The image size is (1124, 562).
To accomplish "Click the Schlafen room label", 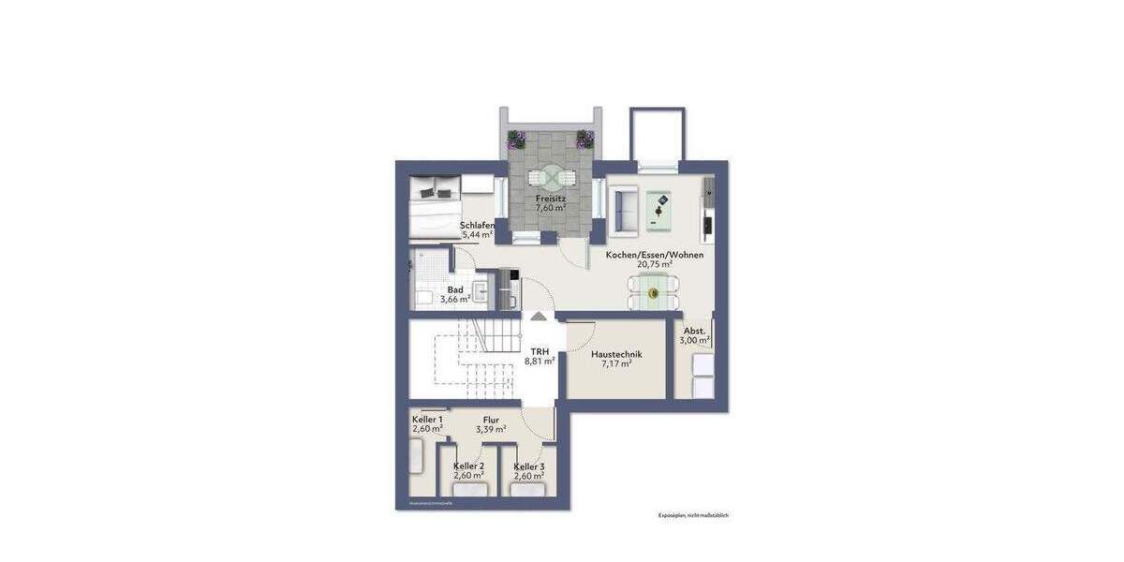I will point(477,226).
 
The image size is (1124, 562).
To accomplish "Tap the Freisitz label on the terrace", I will point(549,199).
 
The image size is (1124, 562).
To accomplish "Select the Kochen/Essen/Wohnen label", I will point(654,255).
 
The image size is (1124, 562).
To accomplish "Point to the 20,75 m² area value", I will point(654,265).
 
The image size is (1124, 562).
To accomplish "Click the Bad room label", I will point(454,289).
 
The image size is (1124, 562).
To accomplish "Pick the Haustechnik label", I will point(615,354).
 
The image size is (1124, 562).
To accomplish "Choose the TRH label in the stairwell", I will point(540,350).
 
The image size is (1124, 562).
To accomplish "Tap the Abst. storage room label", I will point(694,331).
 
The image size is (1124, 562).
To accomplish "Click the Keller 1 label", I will point(427,419).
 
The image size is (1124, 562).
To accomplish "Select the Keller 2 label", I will point(468,466).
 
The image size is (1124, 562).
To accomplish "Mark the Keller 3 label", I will point(529,466).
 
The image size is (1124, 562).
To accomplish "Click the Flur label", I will point(491,420).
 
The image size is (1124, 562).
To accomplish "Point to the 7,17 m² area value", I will point(615,364).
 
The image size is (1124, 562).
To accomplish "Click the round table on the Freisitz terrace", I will point(549,177).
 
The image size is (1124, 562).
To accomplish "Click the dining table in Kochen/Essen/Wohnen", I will point(654,292).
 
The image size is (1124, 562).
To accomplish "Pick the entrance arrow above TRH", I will point(540,317).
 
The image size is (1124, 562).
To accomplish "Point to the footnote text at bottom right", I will point(693,514).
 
